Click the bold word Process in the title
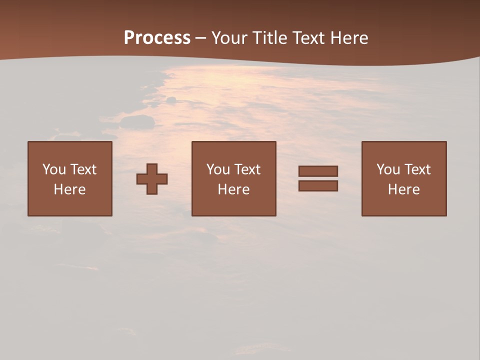click(x=157, y=38)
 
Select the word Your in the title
click(x=230, y=38)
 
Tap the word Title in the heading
click(x=270, y=38)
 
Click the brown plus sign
click(x=152, y=178)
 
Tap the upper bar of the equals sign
click(x=318, y=171)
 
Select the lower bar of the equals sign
click(x=318, y=186)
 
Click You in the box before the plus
click(x=53, y=169)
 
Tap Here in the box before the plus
click(x=69, y=189)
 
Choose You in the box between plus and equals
click(x=218, y=169)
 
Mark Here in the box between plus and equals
click(x=233, y=189)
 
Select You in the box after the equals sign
click(x=388, y=169)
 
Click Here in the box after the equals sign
click(x=403, y=189)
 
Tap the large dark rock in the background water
click(x=137, y=121)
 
